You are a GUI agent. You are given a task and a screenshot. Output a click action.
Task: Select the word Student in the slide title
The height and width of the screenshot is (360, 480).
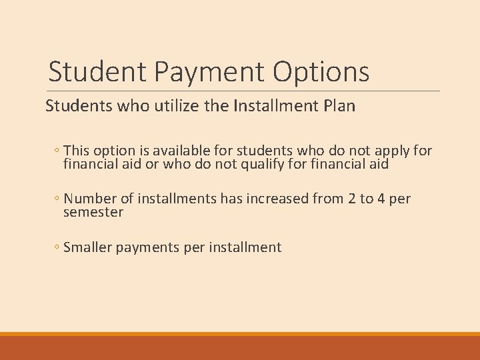(95, 72)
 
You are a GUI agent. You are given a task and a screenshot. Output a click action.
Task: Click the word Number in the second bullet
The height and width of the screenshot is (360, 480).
(89, 199)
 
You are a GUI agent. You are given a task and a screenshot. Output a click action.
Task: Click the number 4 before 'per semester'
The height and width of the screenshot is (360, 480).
(383, 199)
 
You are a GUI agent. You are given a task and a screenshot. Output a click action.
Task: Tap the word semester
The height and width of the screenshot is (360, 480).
(93, 212)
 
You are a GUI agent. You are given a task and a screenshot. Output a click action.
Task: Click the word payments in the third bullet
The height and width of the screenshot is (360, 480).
(147, 248)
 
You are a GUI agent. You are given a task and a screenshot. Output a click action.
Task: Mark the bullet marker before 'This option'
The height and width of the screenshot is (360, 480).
(57, 151)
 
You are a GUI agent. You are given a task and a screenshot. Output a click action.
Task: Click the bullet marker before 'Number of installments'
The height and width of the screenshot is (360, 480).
(57, 199)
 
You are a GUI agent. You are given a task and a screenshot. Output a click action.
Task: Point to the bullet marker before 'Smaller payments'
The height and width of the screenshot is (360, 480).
(57, 248)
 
